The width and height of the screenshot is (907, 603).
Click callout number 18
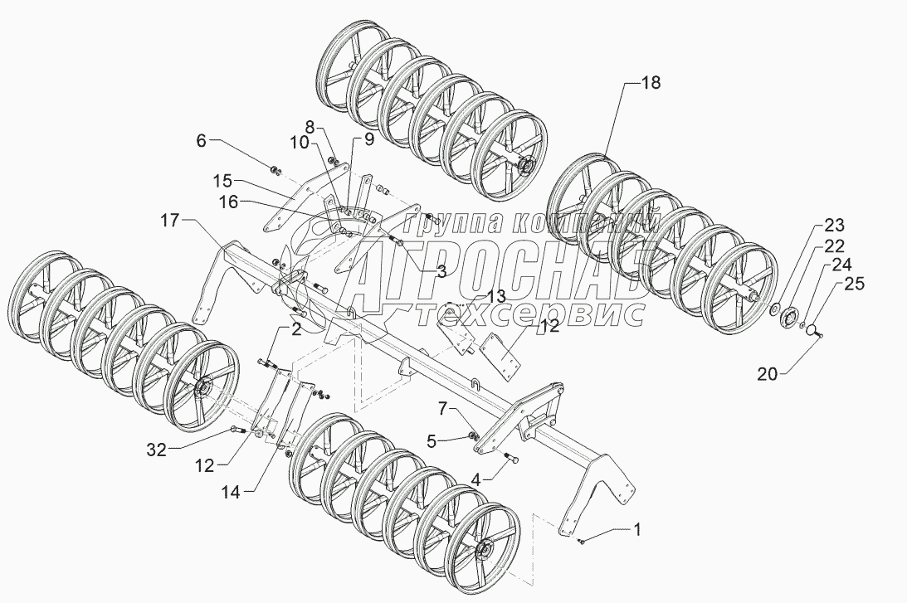[651, 82]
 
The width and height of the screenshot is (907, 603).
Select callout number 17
[168, 221]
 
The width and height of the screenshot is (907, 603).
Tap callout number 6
[202, 141]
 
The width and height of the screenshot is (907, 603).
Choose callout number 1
[636, 528]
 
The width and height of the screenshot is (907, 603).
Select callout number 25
[854, 284]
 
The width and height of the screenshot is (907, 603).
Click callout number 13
[495, 296]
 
